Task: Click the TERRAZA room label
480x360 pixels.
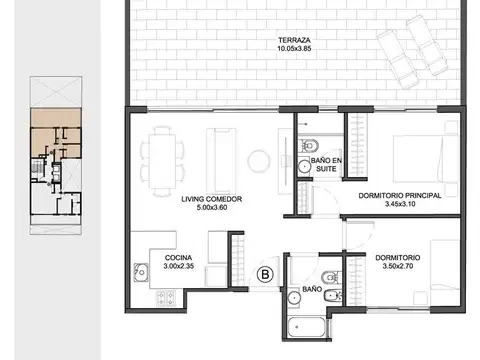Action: pos(294,40)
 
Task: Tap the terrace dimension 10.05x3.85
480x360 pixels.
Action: pos(294,48)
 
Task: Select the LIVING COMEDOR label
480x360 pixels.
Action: pos(212,199)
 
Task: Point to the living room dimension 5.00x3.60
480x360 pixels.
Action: pos(212,207)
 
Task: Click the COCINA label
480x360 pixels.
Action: pos(178,258)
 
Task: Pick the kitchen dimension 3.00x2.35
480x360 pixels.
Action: pos(179,266)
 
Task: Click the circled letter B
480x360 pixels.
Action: pos(265,274)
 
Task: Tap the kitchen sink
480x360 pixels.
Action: pos(141,272)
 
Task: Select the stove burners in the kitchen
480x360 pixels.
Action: pos(166,299)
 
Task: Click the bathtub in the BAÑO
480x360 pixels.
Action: pos(306,327)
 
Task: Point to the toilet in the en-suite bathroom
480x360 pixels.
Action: pos(308,146)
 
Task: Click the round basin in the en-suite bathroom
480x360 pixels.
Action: pos(304,166)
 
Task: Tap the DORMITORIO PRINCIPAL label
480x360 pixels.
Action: pos(400,196)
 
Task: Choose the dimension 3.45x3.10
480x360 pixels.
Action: pos(400,204)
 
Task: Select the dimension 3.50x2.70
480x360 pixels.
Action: pos(398,266)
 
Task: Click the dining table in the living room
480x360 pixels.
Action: pos(162,161)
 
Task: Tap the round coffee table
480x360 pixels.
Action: pos(259,161)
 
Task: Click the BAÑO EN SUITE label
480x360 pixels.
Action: pos(326,165)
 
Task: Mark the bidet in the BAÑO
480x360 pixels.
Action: pos(333,295)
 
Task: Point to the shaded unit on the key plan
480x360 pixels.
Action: pos(56,133)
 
